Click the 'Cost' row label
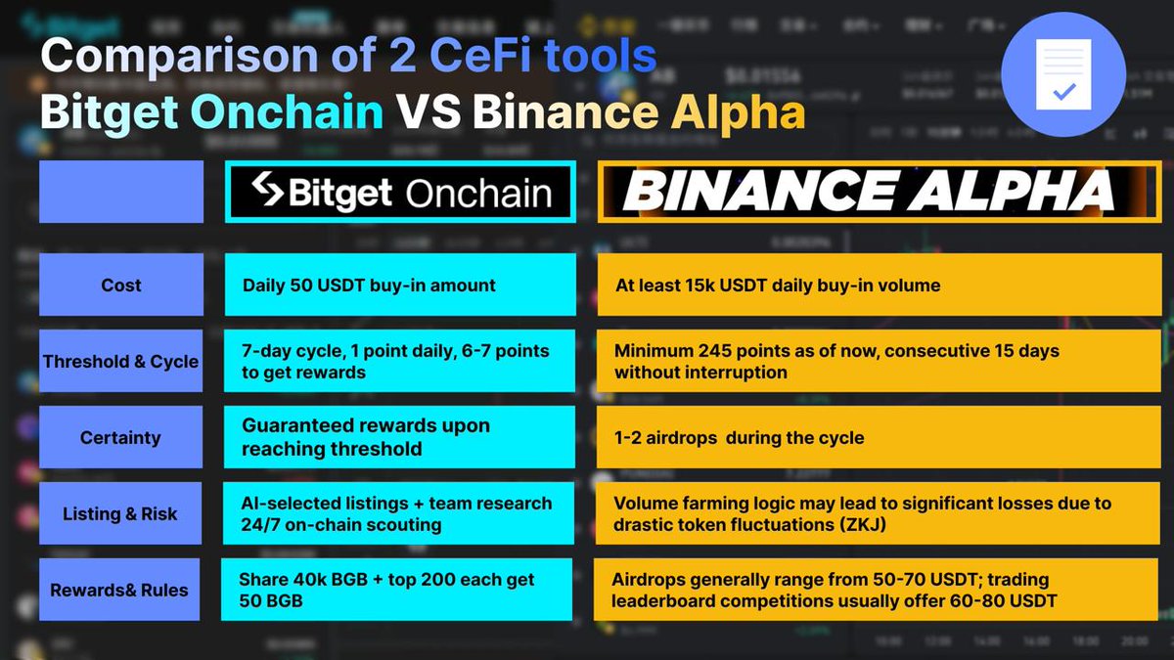tap(121, 285)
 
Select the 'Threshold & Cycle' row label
tap(120, 361)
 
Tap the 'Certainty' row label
tap(120, 437)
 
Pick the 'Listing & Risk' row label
tap(120, 513)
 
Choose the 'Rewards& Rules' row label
tap(119, 590)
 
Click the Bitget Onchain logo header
tap(400, 192)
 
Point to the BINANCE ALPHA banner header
tap(880, 192)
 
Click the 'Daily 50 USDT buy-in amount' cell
tap(400, 285)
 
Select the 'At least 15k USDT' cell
tap(880, 285)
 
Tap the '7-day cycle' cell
tap(399, 361)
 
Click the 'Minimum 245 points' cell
tap(879, 361)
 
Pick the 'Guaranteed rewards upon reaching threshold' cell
tap(399, 437)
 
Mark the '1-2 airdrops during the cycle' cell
tap(879, 437)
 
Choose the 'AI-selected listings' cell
tap(398, 513)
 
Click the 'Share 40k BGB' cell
tap(397, 590)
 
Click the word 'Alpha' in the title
tap(738, 113)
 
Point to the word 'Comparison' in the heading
tap(179, 57)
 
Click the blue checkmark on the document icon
tap(1064, 92)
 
